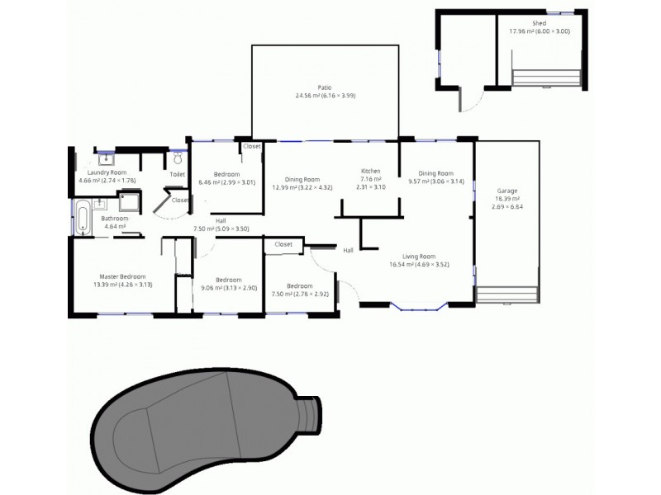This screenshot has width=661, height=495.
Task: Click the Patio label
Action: [326, 86]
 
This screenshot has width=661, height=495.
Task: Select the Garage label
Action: [506, 190]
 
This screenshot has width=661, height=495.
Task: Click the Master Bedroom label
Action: [120, 276]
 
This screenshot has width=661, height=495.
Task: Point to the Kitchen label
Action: [371, 171]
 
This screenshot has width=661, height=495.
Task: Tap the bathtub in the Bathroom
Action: [83, 216]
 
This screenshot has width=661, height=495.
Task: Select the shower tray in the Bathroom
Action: [129, 203]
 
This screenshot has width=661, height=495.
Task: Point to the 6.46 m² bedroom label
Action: [227, 174]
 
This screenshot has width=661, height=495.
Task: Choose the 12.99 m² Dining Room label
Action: [302, 179]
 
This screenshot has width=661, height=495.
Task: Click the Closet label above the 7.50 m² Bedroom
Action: [283, 244]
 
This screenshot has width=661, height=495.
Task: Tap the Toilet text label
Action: [177, 175]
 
